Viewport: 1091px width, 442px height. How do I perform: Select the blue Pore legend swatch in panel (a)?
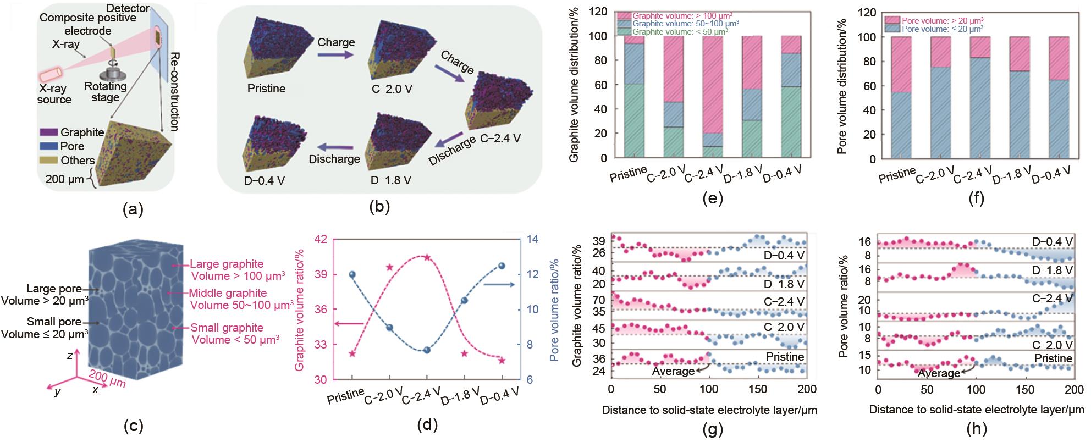click(x=49, y=146)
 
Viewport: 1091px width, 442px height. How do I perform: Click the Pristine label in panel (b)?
click(x=266, y=88)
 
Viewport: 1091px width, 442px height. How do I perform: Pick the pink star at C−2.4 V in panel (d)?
click(x=427, y=257)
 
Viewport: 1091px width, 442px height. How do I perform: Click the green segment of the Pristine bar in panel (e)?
click(x=634, y=121)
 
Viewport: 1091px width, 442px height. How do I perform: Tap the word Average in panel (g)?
click(x=673, y=371)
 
